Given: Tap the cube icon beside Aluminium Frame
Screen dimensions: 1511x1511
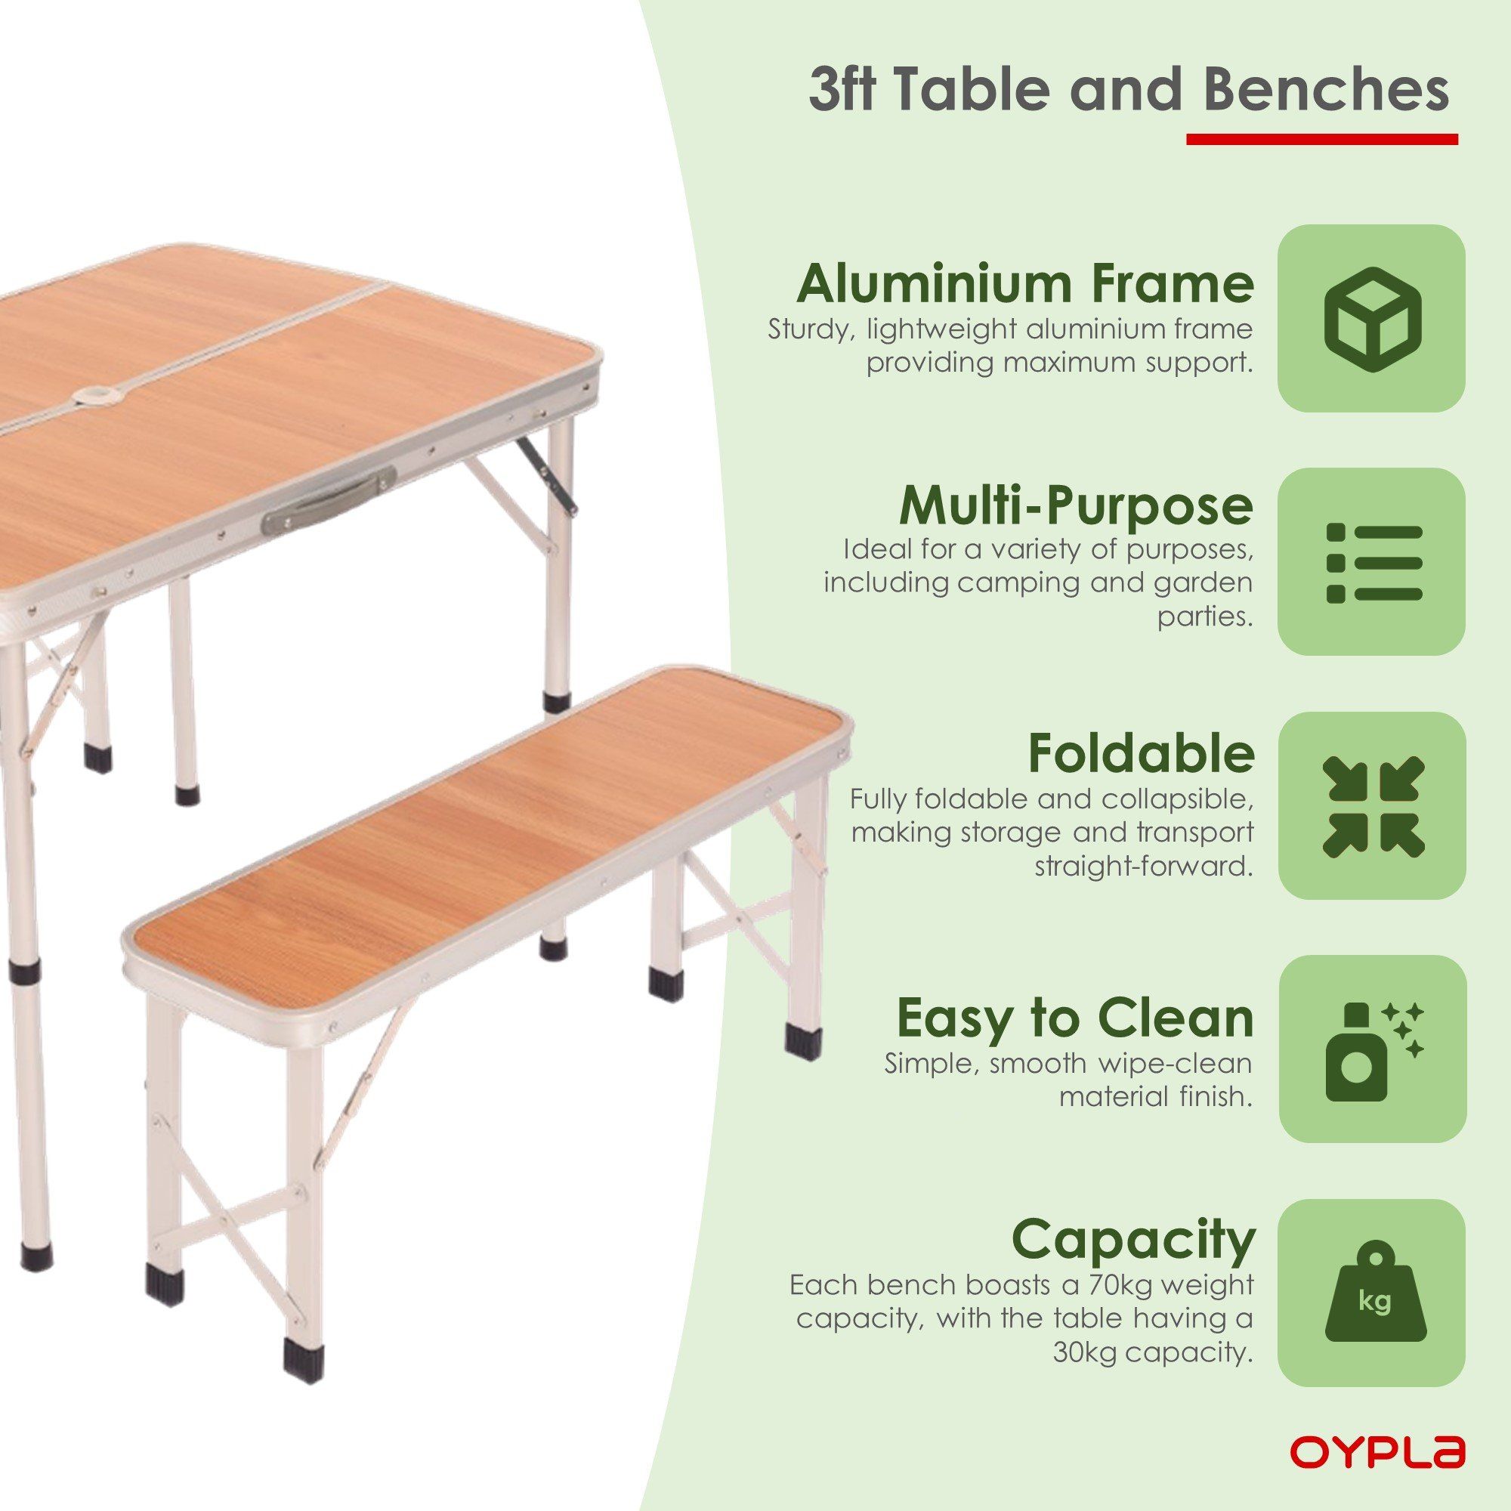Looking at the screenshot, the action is [1372, 318].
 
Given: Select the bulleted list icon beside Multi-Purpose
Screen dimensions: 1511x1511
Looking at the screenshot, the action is [1374, 562].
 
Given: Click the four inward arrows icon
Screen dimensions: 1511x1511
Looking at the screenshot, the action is [1373, 805].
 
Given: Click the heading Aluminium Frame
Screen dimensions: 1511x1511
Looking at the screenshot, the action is [1025, 283].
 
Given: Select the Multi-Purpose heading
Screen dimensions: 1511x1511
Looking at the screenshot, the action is [1074, 506].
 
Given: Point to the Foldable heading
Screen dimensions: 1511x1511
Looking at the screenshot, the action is [1141, 751].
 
